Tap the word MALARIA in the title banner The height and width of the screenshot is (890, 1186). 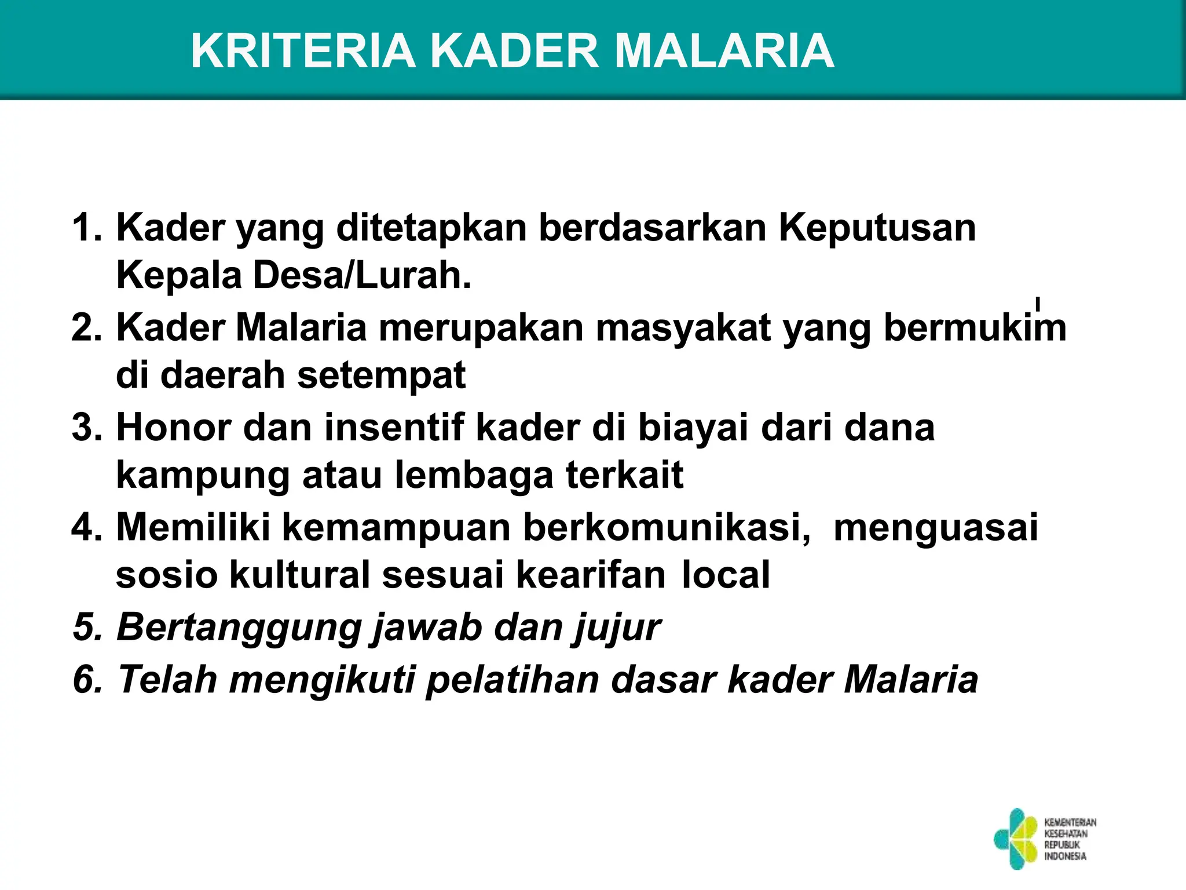[x=723, y=51]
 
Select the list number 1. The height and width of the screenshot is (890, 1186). [x=86, y=227]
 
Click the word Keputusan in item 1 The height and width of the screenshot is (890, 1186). [x=877, y=228]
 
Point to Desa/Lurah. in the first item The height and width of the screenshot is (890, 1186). [x=362, y=275]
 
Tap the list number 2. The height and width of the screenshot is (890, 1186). [x=86, y=327]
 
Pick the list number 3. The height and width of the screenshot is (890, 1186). [x=86, y=428]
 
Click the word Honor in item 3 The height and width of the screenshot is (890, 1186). [x=173, y=428]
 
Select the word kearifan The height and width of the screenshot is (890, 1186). [x=591, y=575]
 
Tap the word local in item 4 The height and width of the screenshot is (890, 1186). [x=726, y=575]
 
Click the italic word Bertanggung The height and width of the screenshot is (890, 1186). [x=238, y=628]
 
